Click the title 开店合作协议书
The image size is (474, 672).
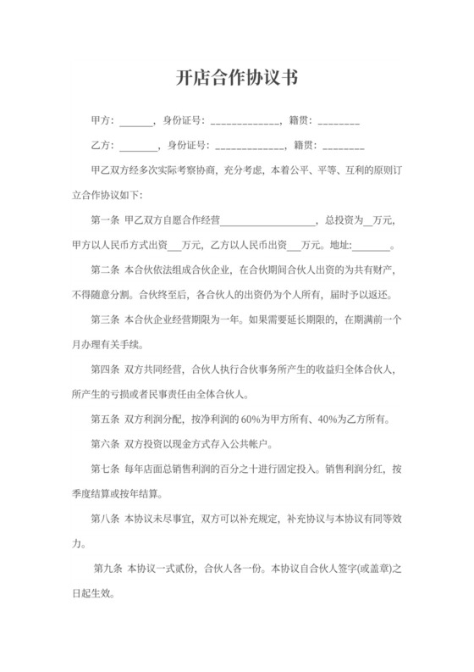pyautogui.click(x=237, y=77)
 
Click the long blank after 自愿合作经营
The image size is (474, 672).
pyautogui.click(x=267, y=223)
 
